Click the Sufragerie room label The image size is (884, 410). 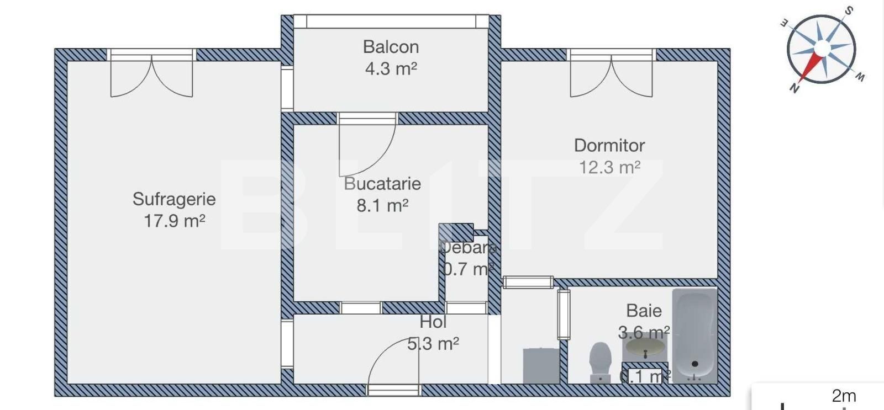click(x=174, y=199)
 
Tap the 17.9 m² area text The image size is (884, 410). click(x=174, y=221)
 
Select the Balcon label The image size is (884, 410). click(x=391, y=47)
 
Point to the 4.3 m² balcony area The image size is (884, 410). click(x=391, y=69)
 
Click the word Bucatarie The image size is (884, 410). click(x=382, y=184)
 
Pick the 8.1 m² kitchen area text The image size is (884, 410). click(x=382, y=206)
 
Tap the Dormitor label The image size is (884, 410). click(x=609, y=146)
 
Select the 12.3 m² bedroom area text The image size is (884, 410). click(x=609, y=168)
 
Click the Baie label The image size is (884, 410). click(x=644, y=311)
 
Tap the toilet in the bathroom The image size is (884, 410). click(x=600, y=361)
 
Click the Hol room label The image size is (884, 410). click(x=433, y=322)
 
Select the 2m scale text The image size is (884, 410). click(x=844, y=396)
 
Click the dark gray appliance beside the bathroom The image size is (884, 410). click(x=541, y=365)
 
